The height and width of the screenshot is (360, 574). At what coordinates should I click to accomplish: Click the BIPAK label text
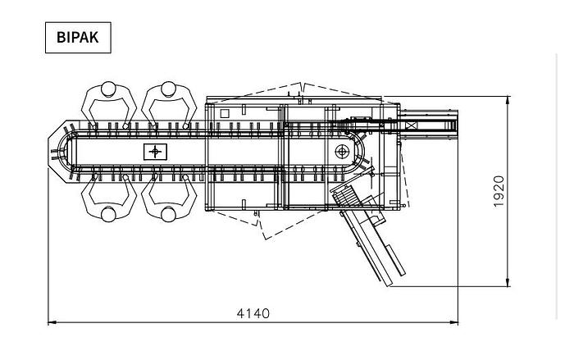78,38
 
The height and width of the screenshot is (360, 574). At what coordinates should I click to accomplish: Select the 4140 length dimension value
253,313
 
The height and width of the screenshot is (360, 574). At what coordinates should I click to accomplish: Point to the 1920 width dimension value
499,192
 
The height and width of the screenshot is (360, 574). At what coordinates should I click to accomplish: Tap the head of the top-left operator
108,89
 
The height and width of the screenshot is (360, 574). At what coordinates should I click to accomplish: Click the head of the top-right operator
168,89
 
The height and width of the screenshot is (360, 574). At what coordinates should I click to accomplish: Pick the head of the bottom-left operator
108,214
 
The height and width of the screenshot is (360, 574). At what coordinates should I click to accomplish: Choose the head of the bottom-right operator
168,214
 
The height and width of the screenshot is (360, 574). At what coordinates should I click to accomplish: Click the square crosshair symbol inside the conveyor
155,152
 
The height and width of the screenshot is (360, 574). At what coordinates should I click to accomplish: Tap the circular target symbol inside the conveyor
342,151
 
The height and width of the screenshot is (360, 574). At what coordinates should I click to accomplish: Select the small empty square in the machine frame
225,113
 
